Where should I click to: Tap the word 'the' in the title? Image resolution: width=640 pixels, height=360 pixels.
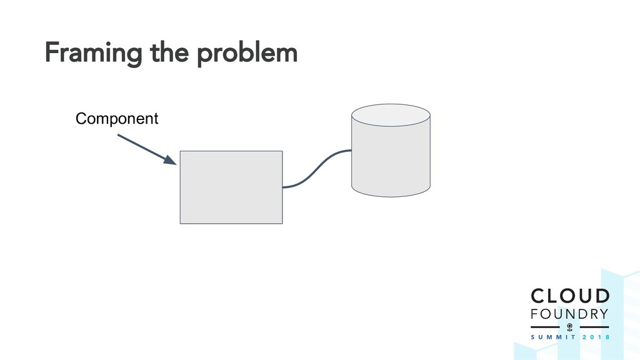(x=169, y=55)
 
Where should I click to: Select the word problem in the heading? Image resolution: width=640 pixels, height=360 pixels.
(x=247, y=55)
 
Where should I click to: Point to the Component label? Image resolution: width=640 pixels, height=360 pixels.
(x=116, y=118)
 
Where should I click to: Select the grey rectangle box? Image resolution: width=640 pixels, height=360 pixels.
(x=231, y=187)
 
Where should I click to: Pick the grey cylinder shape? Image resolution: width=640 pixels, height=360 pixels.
(x=391, y=159)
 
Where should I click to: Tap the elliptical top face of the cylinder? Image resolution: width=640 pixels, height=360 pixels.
(x=391, y=116)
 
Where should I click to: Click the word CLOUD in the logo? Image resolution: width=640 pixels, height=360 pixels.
(x=569, y=296)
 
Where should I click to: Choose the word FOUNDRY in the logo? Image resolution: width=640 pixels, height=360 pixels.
(x=569, y=312)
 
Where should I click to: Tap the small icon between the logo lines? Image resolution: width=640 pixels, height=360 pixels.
(x=569, y=327)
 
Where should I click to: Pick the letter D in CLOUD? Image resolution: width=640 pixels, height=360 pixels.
(x=600, y=296)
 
